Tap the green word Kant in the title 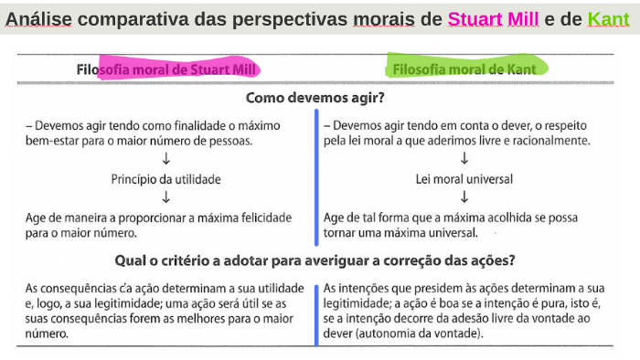point(609,18)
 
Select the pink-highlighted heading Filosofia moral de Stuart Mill point(167,69)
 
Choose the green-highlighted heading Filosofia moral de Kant point(464,69)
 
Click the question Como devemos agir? point(315,97)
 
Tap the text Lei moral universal point(464,178)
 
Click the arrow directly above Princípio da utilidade point(166,159)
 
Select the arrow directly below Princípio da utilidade point(166,196)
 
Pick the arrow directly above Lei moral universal point(464,159)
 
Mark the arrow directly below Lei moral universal point(464,196)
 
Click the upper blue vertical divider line point(316,169)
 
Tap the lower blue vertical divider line point(316,312)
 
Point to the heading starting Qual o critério point(315,259)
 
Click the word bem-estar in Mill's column point(54,142)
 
